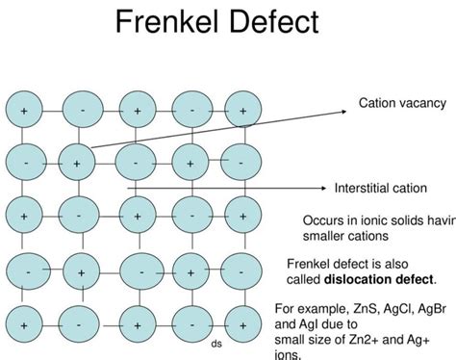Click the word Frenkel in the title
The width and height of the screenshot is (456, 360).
(x=173, y=24)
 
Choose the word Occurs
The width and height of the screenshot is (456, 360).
(x=322, y=219)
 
